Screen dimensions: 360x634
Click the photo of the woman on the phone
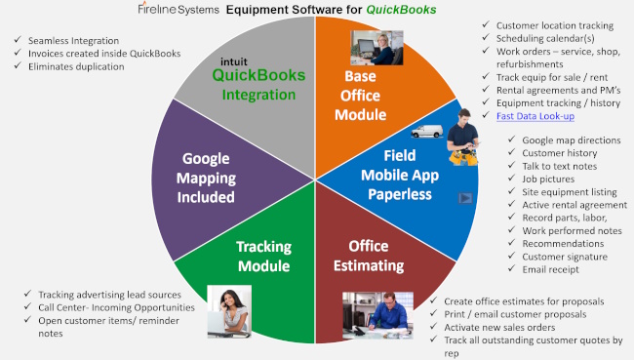click(236, 311)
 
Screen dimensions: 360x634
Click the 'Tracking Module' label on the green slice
click(263, 255)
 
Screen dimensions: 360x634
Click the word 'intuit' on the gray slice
click(233, 56)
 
